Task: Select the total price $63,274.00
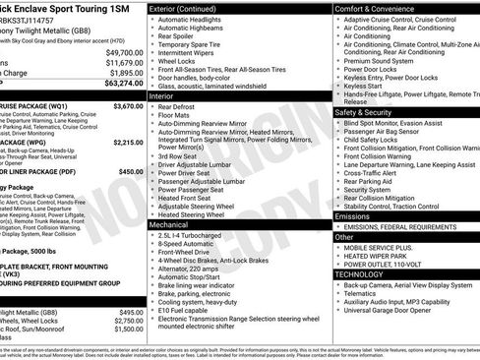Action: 123,84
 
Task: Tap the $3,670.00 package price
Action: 128,105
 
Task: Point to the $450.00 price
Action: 131,171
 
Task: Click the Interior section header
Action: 161,96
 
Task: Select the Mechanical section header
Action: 168,225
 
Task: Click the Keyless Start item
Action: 363,87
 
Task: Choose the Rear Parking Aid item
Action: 370,181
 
